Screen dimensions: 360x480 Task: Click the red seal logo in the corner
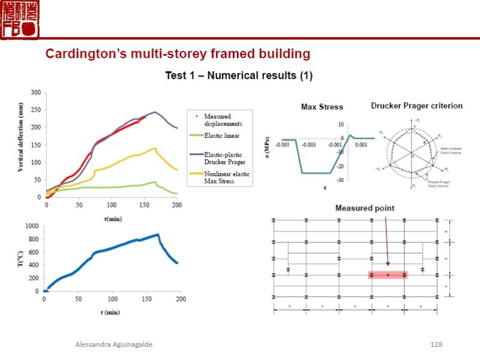click(x=20, y=19)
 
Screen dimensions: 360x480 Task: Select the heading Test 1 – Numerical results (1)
click(x=239, y=76)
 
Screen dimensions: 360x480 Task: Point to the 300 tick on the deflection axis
click(x=36, y=92)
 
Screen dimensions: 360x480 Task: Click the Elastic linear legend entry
click(x=224, y=136)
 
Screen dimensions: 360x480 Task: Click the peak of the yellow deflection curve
click(x=155, y=148)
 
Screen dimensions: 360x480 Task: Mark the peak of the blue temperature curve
click(x=157, y=235)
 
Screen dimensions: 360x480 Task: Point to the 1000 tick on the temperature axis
click(x=32, y=226)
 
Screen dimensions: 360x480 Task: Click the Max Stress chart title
click(x=322, y=107)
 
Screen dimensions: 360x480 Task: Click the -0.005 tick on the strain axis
click(x=283, y=145)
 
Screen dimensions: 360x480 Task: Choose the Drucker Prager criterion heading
click(x=416, y=106)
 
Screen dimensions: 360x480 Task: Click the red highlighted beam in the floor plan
click(x=388, y=275)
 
